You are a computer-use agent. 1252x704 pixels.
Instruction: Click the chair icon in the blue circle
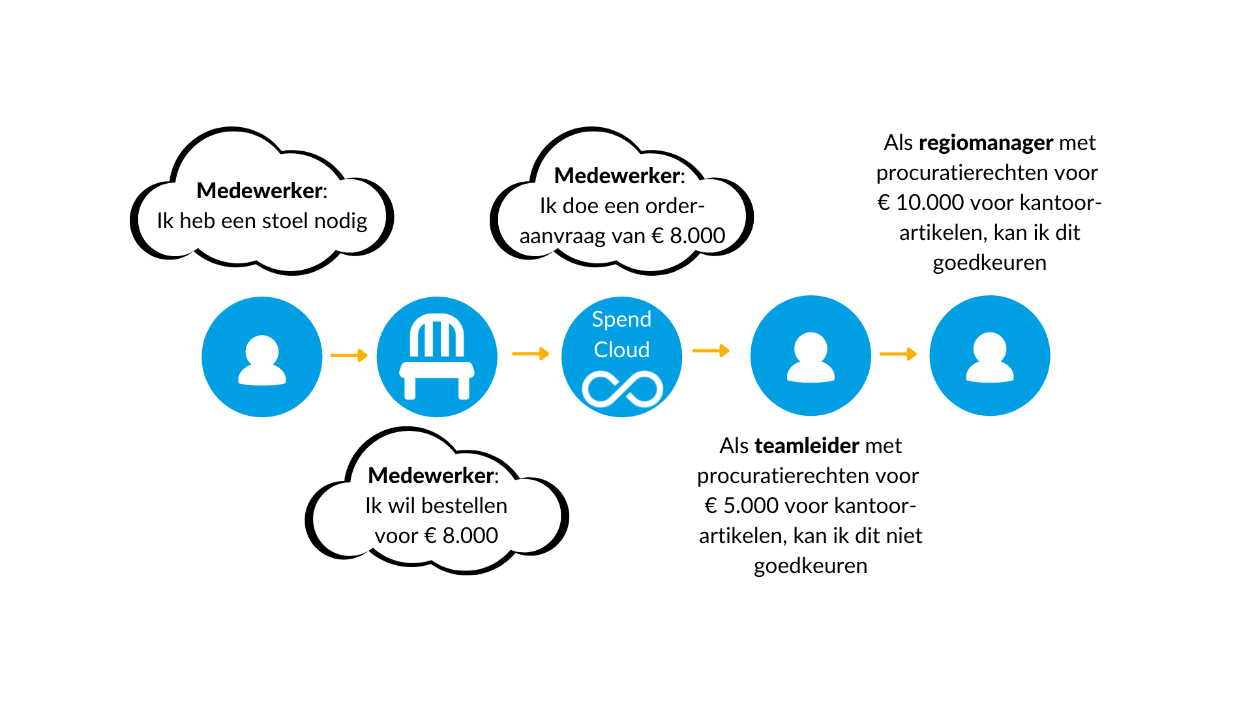(x=437, y=357)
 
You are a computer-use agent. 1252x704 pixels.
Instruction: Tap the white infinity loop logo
(x=622, y=389)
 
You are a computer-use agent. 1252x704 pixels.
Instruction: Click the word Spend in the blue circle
(x=621, y=319)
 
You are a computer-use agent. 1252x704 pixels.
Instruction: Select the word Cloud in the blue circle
(x=621, y=349)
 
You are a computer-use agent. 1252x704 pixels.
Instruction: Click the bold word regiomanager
(x=986, y=143)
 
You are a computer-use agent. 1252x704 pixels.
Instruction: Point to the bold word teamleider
(x=807, y=446)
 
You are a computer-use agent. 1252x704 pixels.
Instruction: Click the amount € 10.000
(x=921, y=203)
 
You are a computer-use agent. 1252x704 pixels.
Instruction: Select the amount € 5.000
(x=741, y=506)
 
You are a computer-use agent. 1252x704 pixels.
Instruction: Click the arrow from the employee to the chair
(x=350, y=355)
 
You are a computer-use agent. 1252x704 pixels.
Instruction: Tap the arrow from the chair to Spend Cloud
(x=531, y=354)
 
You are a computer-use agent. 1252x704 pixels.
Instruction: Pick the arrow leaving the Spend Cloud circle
(x=711, y=351)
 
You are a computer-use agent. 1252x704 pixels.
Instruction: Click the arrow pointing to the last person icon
(x=898, y=354)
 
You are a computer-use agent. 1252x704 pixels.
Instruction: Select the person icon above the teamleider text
(x=811, y=357)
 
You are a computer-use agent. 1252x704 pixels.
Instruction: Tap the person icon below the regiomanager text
(x=990, y=357)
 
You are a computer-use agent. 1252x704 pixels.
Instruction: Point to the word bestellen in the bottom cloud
(x=464, y=506)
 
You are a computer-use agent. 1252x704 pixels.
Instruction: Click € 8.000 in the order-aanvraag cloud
(x=689, y=236)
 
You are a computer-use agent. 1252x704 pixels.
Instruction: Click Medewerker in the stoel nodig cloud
(x=260, y=191)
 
